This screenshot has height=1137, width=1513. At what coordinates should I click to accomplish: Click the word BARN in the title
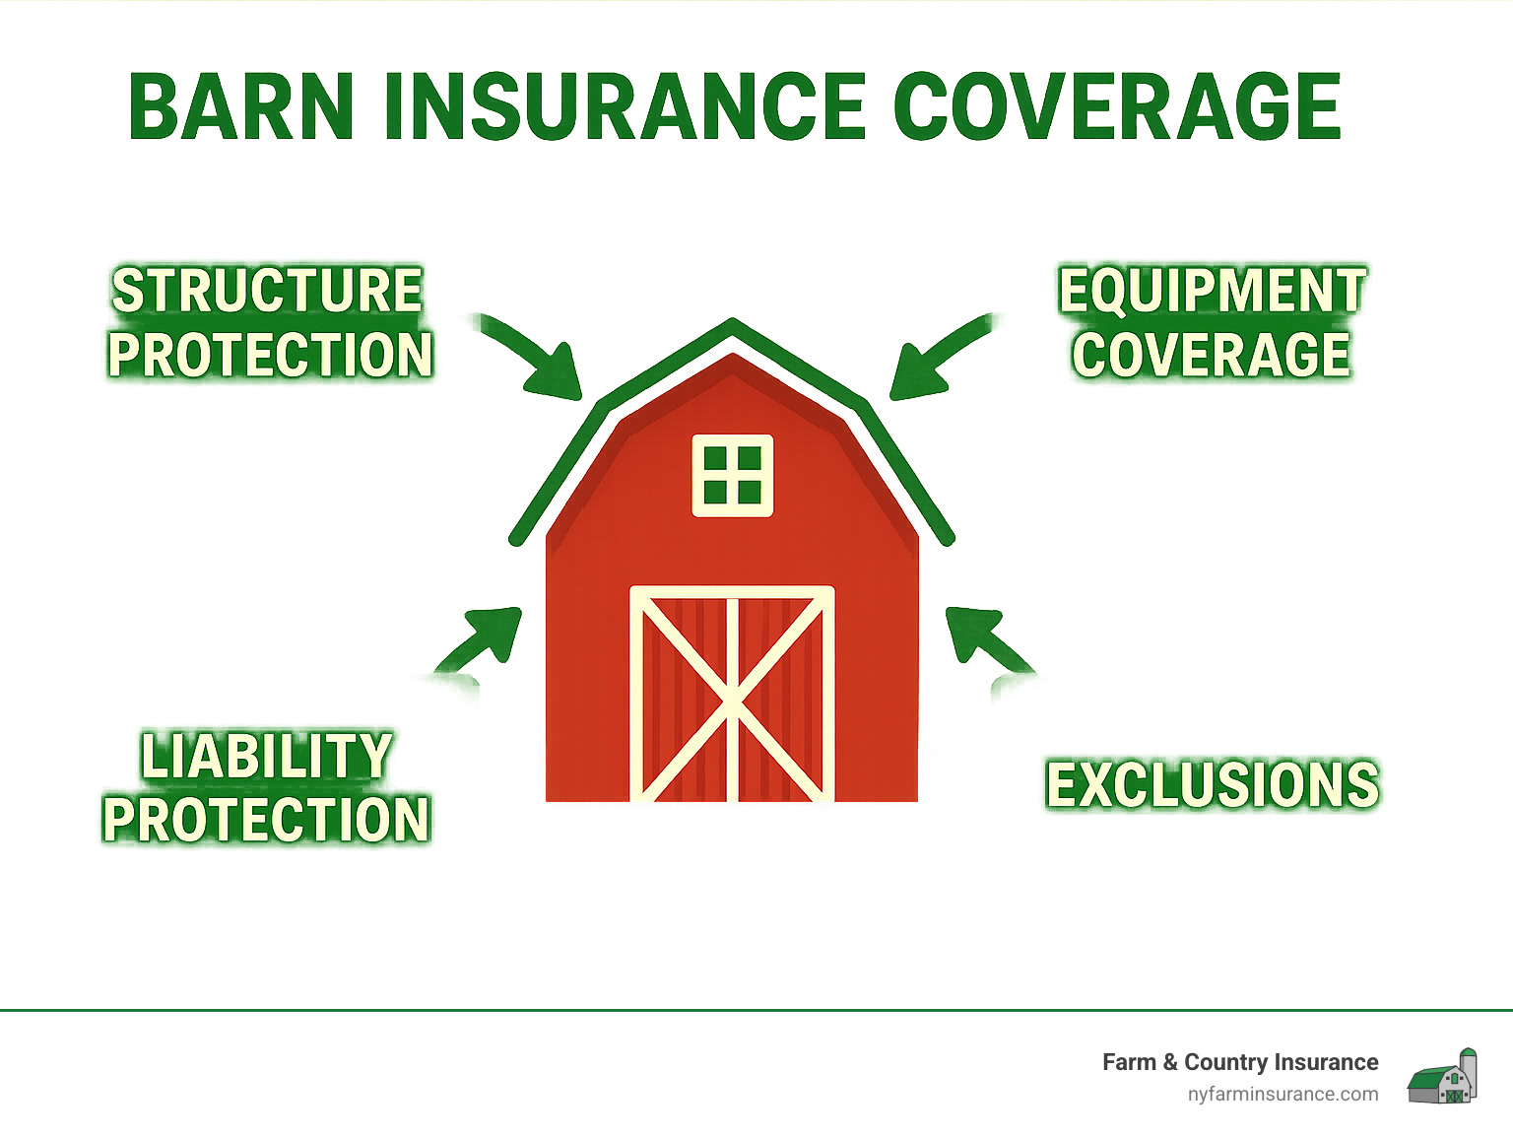coord(241,107)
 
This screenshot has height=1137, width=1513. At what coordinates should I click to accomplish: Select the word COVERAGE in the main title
coord(1117,107)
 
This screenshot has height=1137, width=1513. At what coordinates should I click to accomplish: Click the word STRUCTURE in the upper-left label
coord(267,292)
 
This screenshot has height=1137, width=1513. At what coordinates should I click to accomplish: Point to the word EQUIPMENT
coord(1212,292)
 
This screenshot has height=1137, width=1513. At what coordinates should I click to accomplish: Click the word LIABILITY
coord(266,757)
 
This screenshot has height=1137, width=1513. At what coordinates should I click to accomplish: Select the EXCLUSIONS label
coord(1212,785)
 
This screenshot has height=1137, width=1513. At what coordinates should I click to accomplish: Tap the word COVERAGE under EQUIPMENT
coord(1212,355)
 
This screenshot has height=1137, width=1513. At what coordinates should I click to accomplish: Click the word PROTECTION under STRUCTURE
coord(270,355)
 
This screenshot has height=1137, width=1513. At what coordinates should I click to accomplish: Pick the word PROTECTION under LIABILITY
coord(266,820)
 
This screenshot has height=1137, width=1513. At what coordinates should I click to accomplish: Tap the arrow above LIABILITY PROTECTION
coord(483,640)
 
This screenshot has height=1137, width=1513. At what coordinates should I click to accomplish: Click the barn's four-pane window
coord(732,475)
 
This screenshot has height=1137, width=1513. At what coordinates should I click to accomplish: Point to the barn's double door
coord(732,695)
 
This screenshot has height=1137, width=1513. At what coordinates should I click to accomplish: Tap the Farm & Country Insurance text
coord(1239,1062)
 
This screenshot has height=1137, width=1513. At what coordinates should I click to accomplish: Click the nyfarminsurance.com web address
coord(1283,1094)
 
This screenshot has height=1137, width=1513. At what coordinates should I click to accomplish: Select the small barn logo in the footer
coord(1442,1077)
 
